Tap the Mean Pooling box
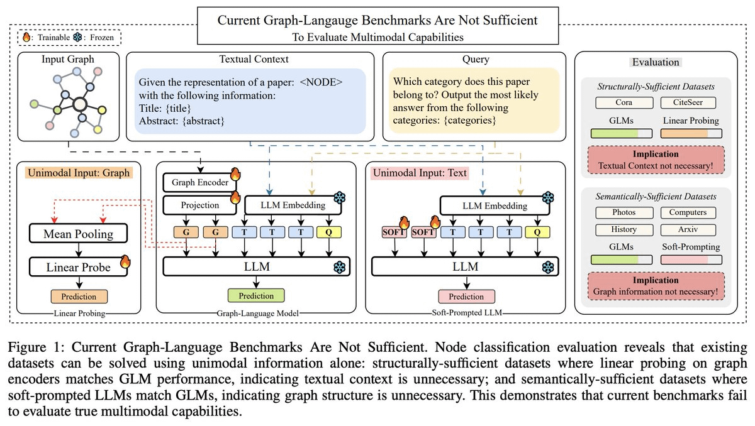point(79,235)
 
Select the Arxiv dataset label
point(691,229)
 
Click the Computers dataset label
point(691,212)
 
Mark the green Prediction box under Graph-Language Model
point(255,295)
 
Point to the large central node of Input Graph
point(79,105)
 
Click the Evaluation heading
point(656,62)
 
